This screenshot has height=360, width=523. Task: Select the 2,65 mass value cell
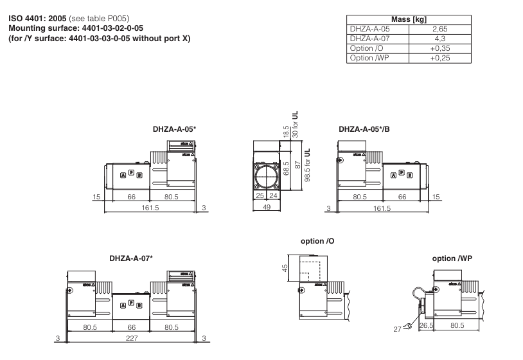pyautogui.click(x=439, y=30)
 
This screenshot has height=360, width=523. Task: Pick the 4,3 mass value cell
pyautogui.click(x=439, y=39)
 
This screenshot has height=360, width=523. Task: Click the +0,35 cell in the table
pyautogui.click(x=439, y=49)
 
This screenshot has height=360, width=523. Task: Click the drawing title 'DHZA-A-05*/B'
pyautogui.click(x=364, y=129)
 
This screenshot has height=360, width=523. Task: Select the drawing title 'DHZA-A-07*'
pyautogui.click(x=130, y=258)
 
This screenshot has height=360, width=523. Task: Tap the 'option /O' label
pyautogui.click(x=317, y=241)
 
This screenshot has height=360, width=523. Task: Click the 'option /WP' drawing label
pyautogui.click(x=453, y=258)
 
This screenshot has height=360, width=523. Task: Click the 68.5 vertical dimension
pyautogui.click(x=286, y=175)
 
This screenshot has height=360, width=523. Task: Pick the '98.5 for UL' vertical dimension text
pyautogui.click(x=307, y=165)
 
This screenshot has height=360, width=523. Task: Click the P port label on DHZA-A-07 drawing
pyautogui.click(x=131, y=302)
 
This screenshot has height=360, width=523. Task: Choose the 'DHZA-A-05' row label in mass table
pyautogui.click(x=368, y=30)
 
